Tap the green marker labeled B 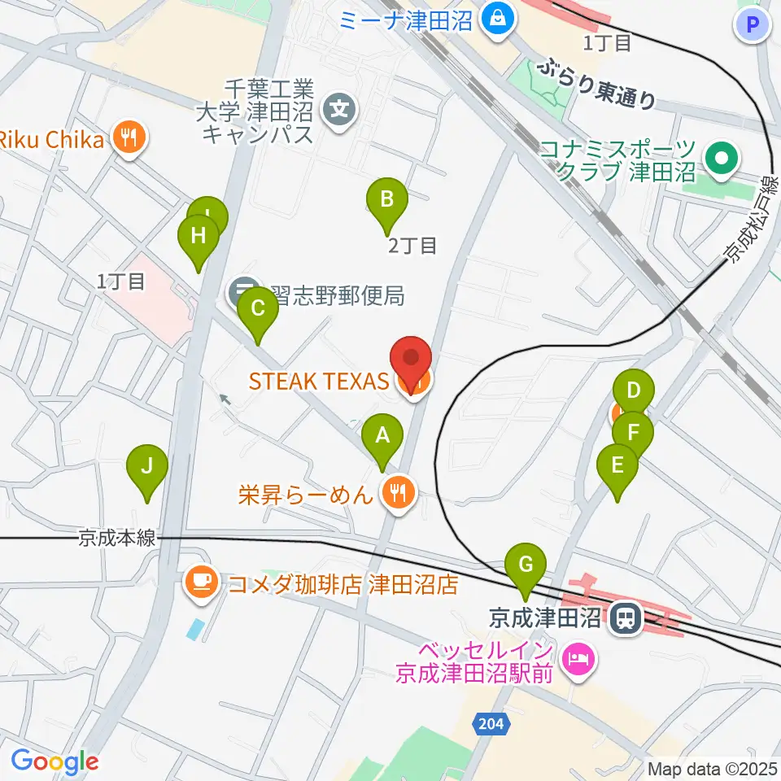coord(387,199)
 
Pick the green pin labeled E coord(617,466)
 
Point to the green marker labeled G coord(526,564)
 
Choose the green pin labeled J coord(147,467)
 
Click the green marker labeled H coord(198,237)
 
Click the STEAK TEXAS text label coord(318,381)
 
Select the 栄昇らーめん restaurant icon coord(398,492)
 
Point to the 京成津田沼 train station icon coord(626,619)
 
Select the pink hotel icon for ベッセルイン coord(578,655)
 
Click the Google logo coord(54,761)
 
